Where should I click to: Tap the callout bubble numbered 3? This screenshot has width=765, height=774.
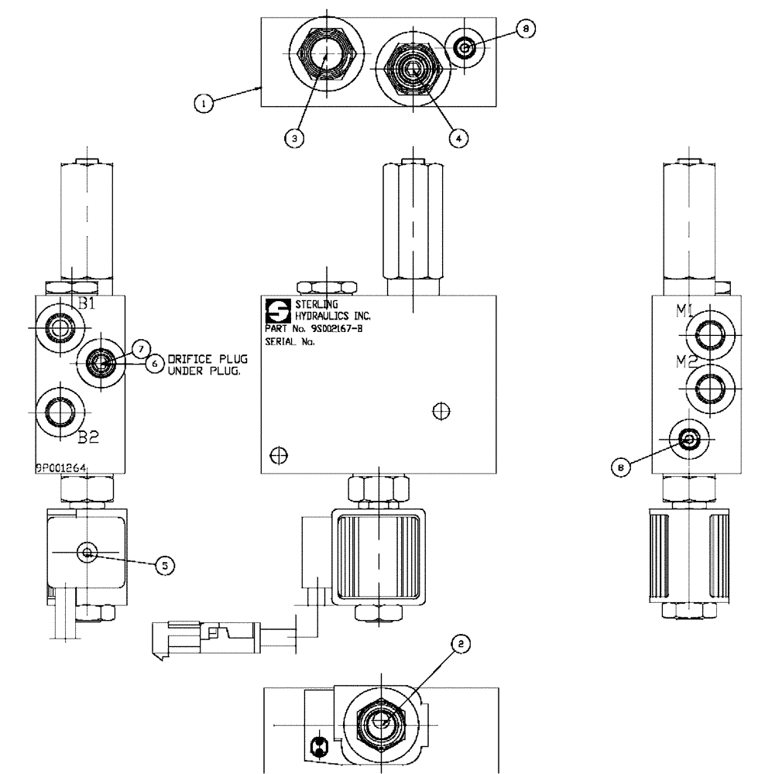[293, 139]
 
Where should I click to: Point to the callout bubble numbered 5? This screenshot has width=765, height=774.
[163, 566]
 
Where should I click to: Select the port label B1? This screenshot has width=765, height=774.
[84, 303]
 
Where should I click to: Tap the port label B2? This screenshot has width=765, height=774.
[87, 437]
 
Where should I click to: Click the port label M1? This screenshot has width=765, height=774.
[683, 311]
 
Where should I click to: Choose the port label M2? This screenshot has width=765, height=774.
[683, 361]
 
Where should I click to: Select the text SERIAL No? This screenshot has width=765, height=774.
[290, 341]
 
